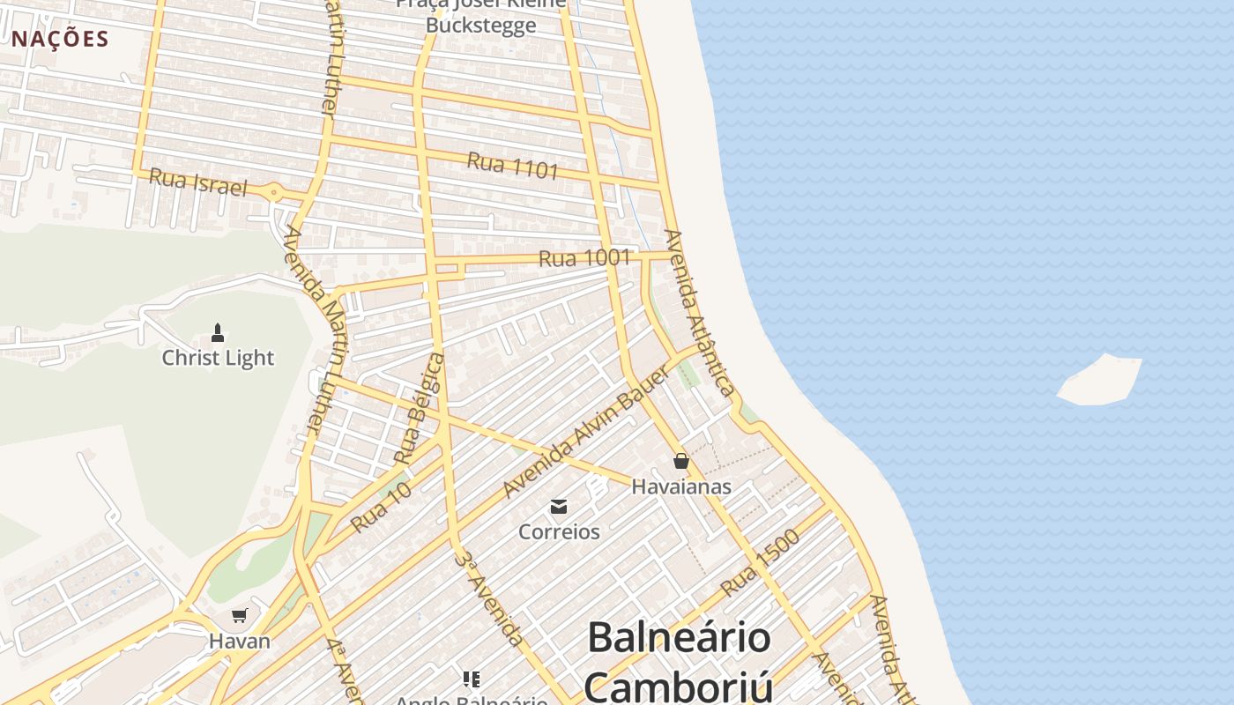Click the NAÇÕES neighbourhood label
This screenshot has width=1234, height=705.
point(60,39)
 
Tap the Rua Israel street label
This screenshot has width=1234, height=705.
point(197,182)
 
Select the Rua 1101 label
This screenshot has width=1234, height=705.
point(513,165)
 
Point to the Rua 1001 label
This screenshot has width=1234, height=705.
point(584,258)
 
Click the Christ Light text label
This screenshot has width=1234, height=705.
point(218,358)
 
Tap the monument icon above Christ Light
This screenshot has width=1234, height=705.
point(218,332)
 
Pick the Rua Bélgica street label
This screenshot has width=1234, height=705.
point(420,408)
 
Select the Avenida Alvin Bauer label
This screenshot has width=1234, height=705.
point(586,431)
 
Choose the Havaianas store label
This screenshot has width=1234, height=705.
point(681,486)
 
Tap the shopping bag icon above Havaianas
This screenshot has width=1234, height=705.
point(680,461)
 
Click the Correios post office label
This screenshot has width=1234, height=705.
point(559,531)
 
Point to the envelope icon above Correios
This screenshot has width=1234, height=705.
point(559,507)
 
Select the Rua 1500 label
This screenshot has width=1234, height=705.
point(759,562)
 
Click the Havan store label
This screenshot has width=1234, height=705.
point(240,641)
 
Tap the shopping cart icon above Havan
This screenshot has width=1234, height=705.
point(239,615)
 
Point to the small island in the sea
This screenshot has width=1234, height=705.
point(1100,380)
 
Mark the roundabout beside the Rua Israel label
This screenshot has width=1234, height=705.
point(274,191)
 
